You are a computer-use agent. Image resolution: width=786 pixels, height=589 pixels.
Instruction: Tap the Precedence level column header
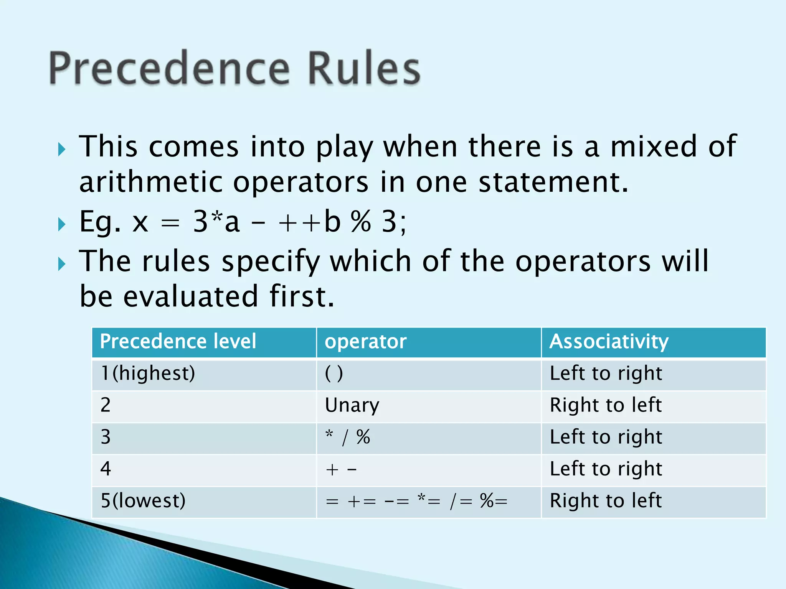click(x=178, y=341)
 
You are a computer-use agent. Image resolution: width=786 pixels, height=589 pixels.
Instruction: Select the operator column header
click(x=365, y=341)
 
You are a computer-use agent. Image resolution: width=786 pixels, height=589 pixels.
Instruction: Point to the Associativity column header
click(x=609, y=341)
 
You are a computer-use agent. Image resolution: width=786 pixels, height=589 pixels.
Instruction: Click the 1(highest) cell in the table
click(x=148, y=373)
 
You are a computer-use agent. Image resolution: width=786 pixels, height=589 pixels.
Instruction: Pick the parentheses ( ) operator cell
click(x=334, y=373)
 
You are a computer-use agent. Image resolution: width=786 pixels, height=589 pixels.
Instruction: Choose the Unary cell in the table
click(x=352, y=405)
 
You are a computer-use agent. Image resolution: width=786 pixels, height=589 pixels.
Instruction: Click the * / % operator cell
click(x=347, y=437)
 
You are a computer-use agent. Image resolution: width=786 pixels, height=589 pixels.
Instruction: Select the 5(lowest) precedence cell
click(x=143, y=501)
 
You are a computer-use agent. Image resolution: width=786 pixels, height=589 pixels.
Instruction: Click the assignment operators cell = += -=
click(x=416, y=501)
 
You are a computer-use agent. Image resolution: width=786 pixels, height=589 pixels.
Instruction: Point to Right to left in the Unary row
click(x=606, y=405)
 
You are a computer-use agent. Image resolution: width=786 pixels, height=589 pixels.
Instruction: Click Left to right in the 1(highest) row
click(x=606, y=373)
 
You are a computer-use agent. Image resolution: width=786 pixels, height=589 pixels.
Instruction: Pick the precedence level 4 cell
click(x=106, y=469)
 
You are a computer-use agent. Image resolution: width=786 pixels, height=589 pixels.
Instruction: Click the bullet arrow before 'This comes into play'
click(x=62, y=149)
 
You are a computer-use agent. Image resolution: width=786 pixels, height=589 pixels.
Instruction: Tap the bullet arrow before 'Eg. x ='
click(x=62, y=224)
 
